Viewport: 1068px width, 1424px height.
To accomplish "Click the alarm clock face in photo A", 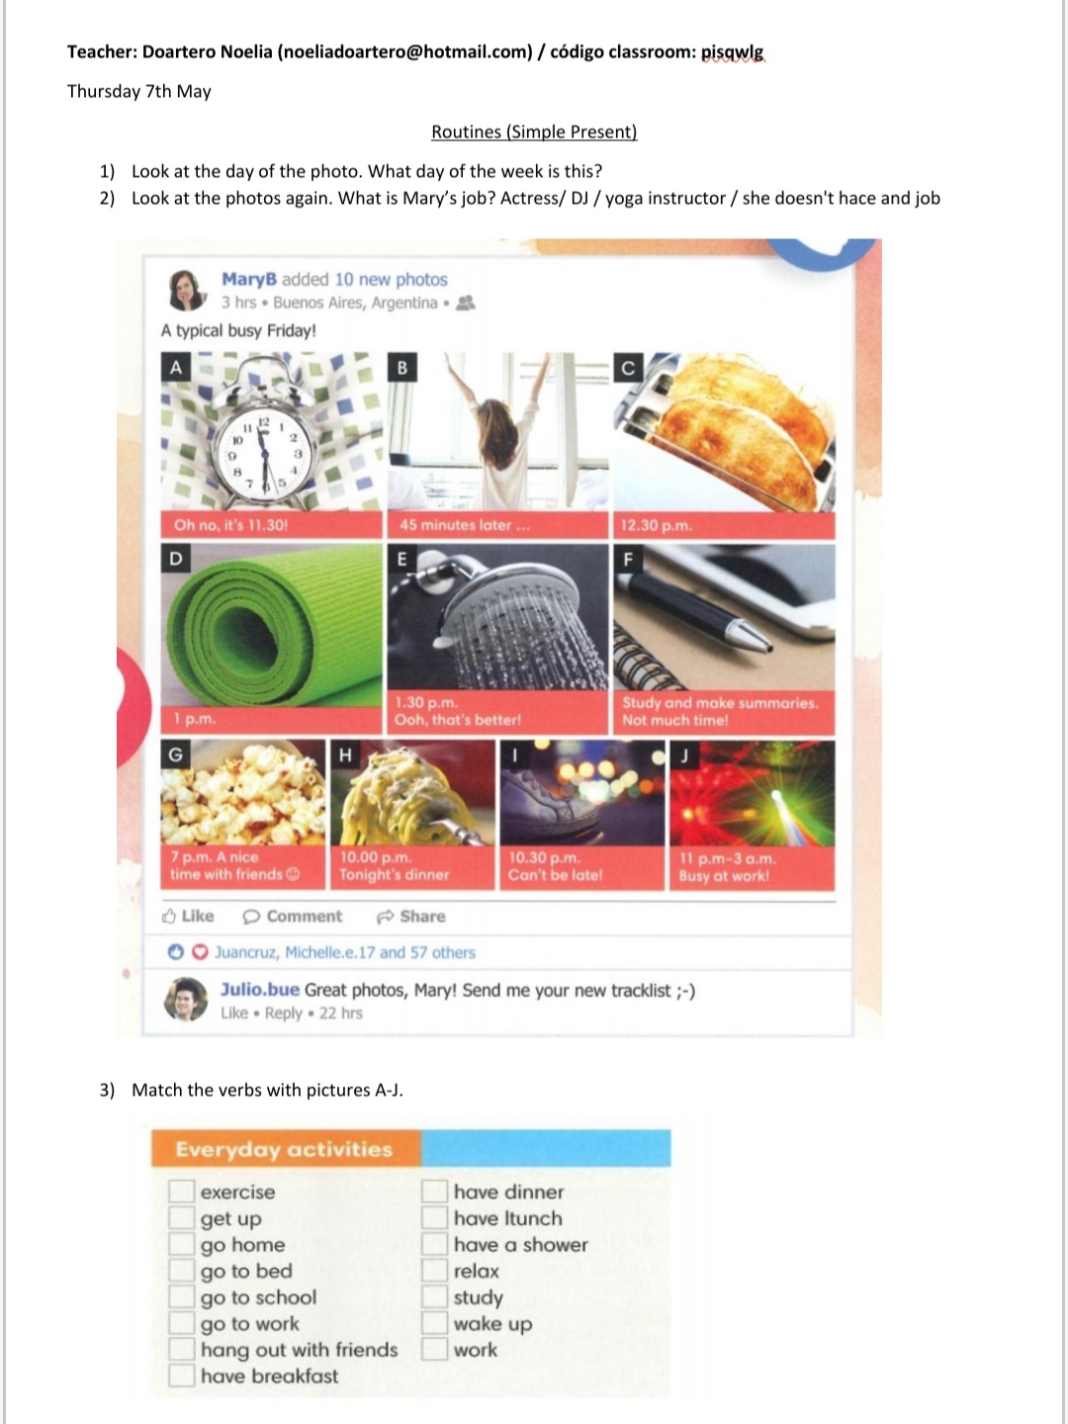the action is (265, 454).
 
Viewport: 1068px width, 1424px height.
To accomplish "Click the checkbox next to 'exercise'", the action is (182, 1191).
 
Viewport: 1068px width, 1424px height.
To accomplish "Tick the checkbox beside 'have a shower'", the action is (434, 1244).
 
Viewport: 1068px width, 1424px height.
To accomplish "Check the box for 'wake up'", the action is (434, 1323).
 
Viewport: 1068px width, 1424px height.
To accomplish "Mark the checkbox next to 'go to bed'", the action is (182, 1271).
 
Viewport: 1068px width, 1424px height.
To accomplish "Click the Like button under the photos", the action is (188, 916).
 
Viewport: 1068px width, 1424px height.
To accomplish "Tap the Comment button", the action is (292, 916).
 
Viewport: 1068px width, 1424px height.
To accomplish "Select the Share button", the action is (411, 916).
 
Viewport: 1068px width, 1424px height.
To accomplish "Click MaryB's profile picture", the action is (187, 290).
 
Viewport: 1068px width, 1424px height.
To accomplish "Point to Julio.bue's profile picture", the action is (186, 999).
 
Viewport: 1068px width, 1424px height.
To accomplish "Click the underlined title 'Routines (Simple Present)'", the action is (534, 132).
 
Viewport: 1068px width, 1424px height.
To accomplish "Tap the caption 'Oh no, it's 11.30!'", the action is (230, 525).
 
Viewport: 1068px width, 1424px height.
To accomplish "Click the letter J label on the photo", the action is (684, 756).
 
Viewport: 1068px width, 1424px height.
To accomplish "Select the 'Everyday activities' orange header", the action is (286, 1149).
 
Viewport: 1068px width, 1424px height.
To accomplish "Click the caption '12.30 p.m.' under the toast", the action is (657, 525).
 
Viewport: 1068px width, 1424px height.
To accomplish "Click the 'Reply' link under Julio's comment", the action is (284, 1014).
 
